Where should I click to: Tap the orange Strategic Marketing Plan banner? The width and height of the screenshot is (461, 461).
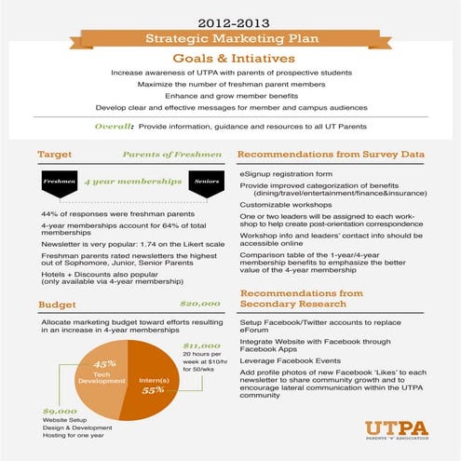229,38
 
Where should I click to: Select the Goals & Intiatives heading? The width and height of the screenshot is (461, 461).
229,57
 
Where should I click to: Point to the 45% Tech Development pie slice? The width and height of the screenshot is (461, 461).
102,373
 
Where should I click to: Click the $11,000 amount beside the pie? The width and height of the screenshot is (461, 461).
198,346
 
